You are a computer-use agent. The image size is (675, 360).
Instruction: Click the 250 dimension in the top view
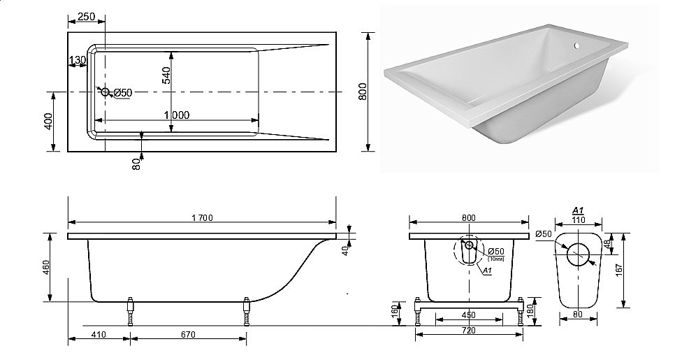tap(87, 16)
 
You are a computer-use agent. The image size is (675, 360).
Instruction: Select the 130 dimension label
tap(78, 61)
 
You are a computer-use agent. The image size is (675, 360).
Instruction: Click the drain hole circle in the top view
tap(105, 92)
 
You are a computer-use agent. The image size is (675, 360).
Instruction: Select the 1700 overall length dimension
tap(201, 218)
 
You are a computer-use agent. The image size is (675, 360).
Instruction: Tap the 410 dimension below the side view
tap(98, 335)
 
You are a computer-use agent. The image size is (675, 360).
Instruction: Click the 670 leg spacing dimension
tap(187, 335)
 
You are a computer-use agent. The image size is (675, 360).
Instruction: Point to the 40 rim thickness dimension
tap(345, 251)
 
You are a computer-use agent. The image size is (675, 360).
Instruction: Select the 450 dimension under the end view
tap(467, 315)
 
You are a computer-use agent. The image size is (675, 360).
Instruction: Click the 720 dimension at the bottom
tap(468, 331)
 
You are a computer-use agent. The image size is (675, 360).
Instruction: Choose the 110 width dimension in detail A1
tap(578, 219)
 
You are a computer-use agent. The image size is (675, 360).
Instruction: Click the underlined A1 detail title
tap(578, 210)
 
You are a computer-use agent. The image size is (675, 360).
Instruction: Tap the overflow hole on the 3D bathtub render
tap(577, 47)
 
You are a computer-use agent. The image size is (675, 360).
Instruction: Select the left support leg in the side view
tap(129, 312)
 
